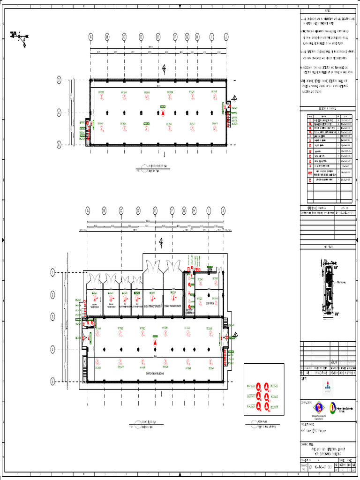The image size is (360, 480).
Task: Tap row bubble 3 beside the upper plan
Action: [59, 80]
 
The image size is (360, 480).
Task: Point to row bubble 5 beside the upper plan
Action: [59, 144]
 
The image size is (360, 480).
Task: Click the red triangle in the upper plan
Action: [163, 113]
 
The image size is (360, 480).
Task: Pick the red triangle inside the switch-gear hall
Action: [155, 344]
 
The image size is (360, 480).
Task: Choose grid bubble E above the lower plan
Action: [155, 211]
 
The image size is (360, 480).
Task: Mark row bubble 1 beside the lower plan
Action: [53, 272]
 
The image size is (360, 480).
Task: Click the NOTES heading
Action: [327, 11]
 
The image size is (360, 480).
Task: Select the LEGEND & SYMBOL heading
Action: [327, 108]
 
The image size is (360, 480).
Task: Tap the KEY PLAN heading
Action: [327, 246]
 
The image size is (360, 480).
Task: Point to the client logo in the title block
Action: [327, 386]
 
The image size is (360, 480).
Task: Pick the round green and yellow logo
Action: [333, 407]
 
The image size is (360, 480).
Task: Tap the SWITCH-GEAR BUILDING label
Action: [155, 373]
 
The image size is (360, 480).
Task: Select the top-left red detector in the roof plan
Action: [259, 386]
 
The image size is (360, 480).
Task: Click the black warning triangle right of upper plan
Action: [234, 97]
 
